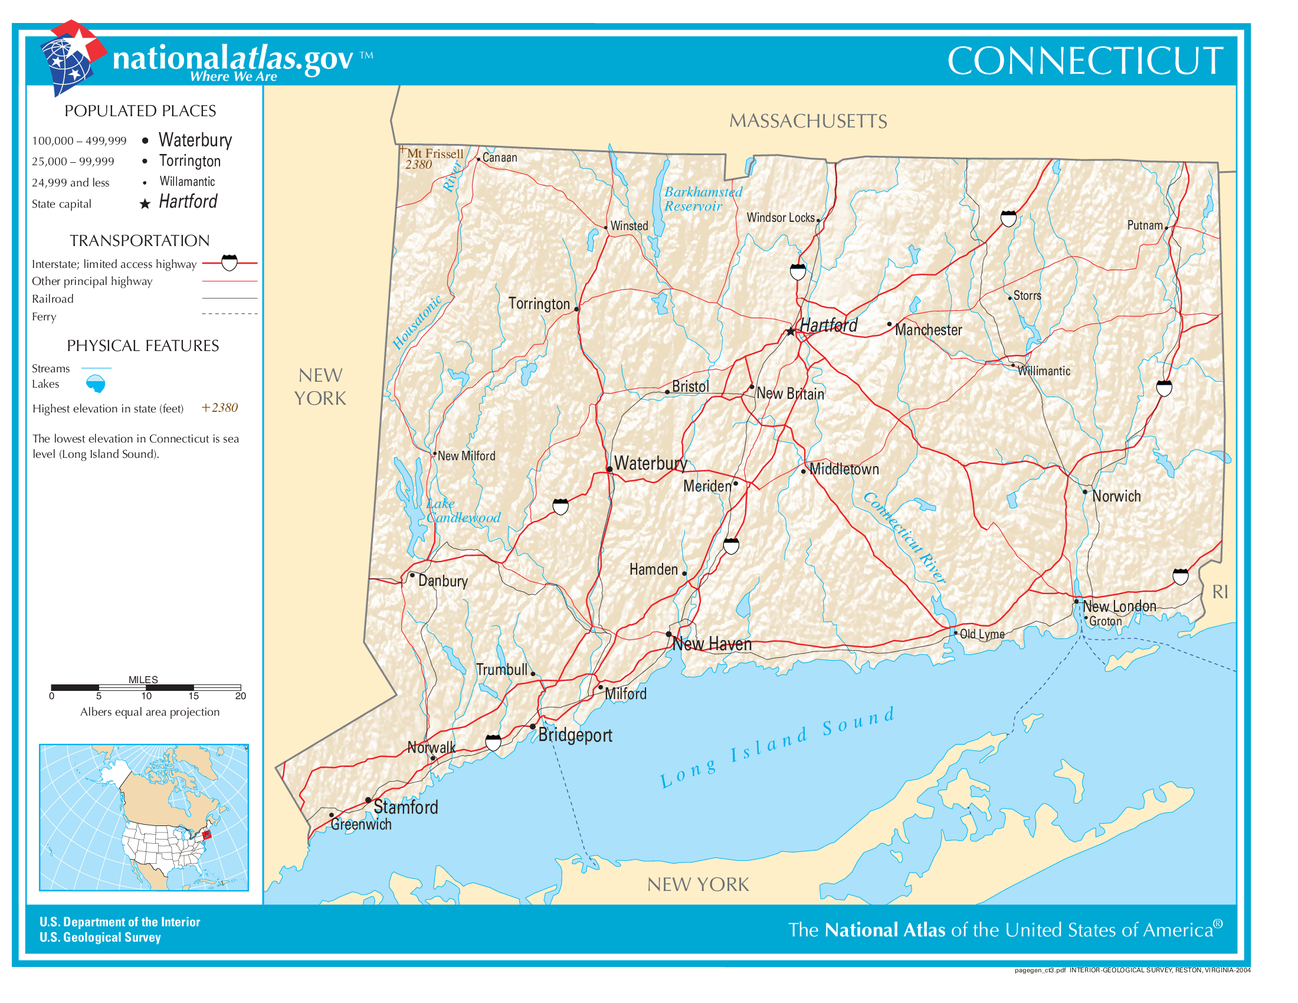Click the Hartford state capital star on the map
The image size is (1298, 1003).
click(x=791, y=332)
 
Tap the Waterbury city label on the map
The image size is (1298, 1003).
click(x=650, y=463)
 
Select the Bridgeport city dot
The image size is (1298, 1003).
click(x=533, y=727)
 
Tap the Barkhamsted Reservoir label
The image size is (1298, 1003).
click(x=703, y=199)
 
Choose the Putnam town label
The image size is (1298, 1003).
click(x=1145, y=225)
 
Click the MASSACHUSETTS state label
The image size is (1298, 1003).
click(x=808, y=121)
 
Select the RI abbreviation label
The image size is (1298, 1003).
click(x=1220, y=592)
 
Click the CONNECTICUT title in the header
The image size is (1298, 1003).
click(x=1084, y=61)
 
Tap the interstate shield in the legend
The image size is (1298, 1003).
click(x=230, y=262)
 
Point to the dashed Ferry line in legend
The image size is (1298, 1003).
click(x=230, y=314)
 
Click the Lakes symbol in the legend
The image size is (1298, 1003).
click(x=96, y=384)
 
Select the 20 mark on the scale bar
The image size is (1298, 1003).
click(x=240, y=696)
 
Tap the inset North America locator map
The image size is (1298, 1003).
click(x=144, y=817)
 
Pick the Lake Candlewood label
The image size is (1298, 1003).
click(x=463, y=510)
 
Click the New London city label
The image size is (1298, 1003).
click(x=1119, y=606)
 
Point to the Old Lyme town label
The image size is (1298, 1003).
click(x=982, y=634)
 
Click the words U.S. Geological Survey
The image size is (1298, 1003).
click(x=100, y=937)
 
